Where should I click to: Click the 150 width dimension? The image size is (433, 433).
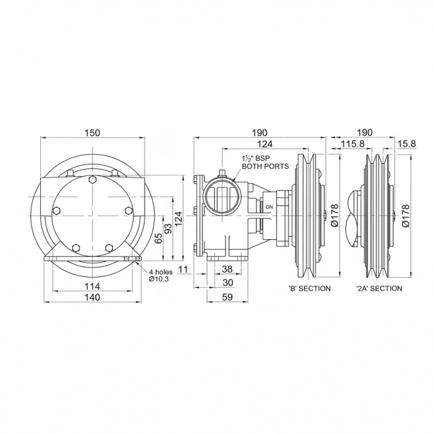pyautogui.click(x=92, y=133)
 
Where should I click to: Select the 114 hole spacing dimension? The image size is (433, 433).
pyautogui.click(x=92, y=286)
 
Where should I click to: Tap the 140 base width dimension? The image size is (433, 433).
pyautogui.click(x=92, y=297)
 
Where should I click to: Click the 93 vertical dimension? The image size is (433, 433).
pyautogui.click(x=168, y=228)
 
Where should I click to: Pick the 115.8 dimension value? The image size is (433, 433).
pyautogui.click(x=352, y=144)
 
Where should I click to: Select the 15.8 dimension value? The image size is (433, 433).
pyautogui.click(x=406, y=144)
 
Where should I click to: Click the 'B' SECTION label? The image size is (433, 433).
pyautogui.click(x=309, y=288)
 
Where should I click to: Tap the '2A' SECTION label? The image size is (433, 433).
pyautogui.click(x=379, y=288)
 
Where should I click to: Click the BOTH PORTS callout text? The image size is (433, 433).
pyautogui.click(x=265, y=166)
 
